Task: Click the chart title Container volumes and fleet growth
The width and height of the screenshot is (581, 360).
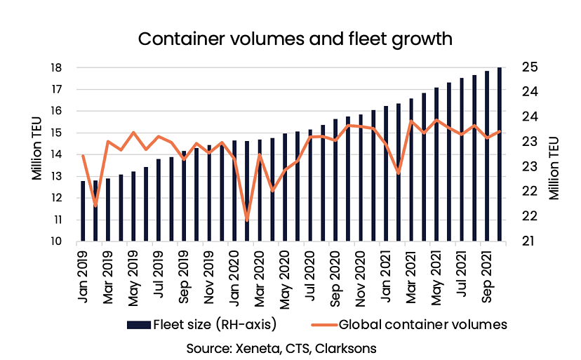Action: coord(290,38)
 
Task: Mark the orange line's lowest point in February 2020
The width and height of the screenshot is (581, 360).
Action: coord(247,220)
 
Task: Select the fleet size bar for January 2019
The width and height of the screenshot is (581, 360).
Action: coord(84,211)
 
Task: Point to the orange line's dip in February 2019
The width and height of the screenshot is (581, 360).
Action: coord(95,206)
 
